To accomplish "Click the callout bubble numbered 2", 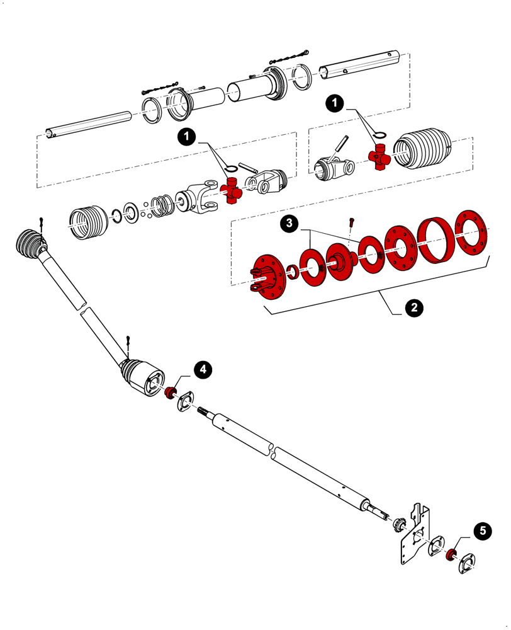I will coord(413,308).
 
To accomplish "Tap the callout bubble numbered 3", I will coord(289,224).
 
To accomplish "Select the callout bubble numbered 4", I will coord(202,370).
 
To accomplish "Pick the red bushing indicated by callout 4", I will coord(169,394).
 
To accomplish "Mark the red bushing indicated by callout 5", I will coord(451,554).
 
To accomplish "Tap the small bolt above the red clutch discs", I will coord(351,222).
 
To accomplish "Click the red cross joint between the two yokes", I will coord(233,191).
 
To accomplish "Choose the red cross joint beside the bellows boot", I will coord(379,156).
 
